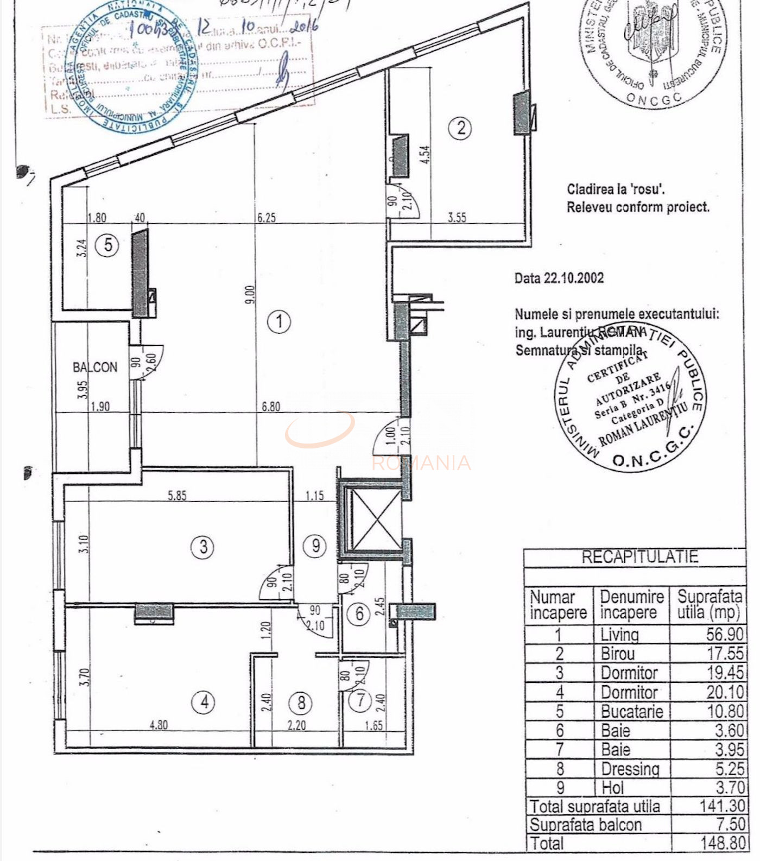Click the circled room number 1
280,321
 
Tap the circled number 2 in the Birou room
460,128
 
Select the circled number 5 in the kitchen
107,245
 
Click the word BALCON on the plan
95,368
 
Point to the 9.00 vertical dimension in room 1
249,294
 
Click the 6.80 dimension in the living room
271,406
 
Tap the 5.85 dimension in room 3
177,495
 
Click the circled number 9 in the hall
315,545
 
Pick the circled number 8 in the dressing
301,703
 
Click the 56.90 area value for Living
725,634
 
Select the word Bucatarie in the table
632,711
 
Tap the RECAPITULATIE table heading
639,557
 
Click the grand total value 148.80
722,843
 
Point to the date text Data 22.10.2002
559,278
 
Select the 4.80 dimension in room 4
158,725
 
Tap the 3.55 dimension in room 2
457,217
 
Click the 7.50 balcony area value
730,824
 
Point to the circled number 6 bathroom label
359,614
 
